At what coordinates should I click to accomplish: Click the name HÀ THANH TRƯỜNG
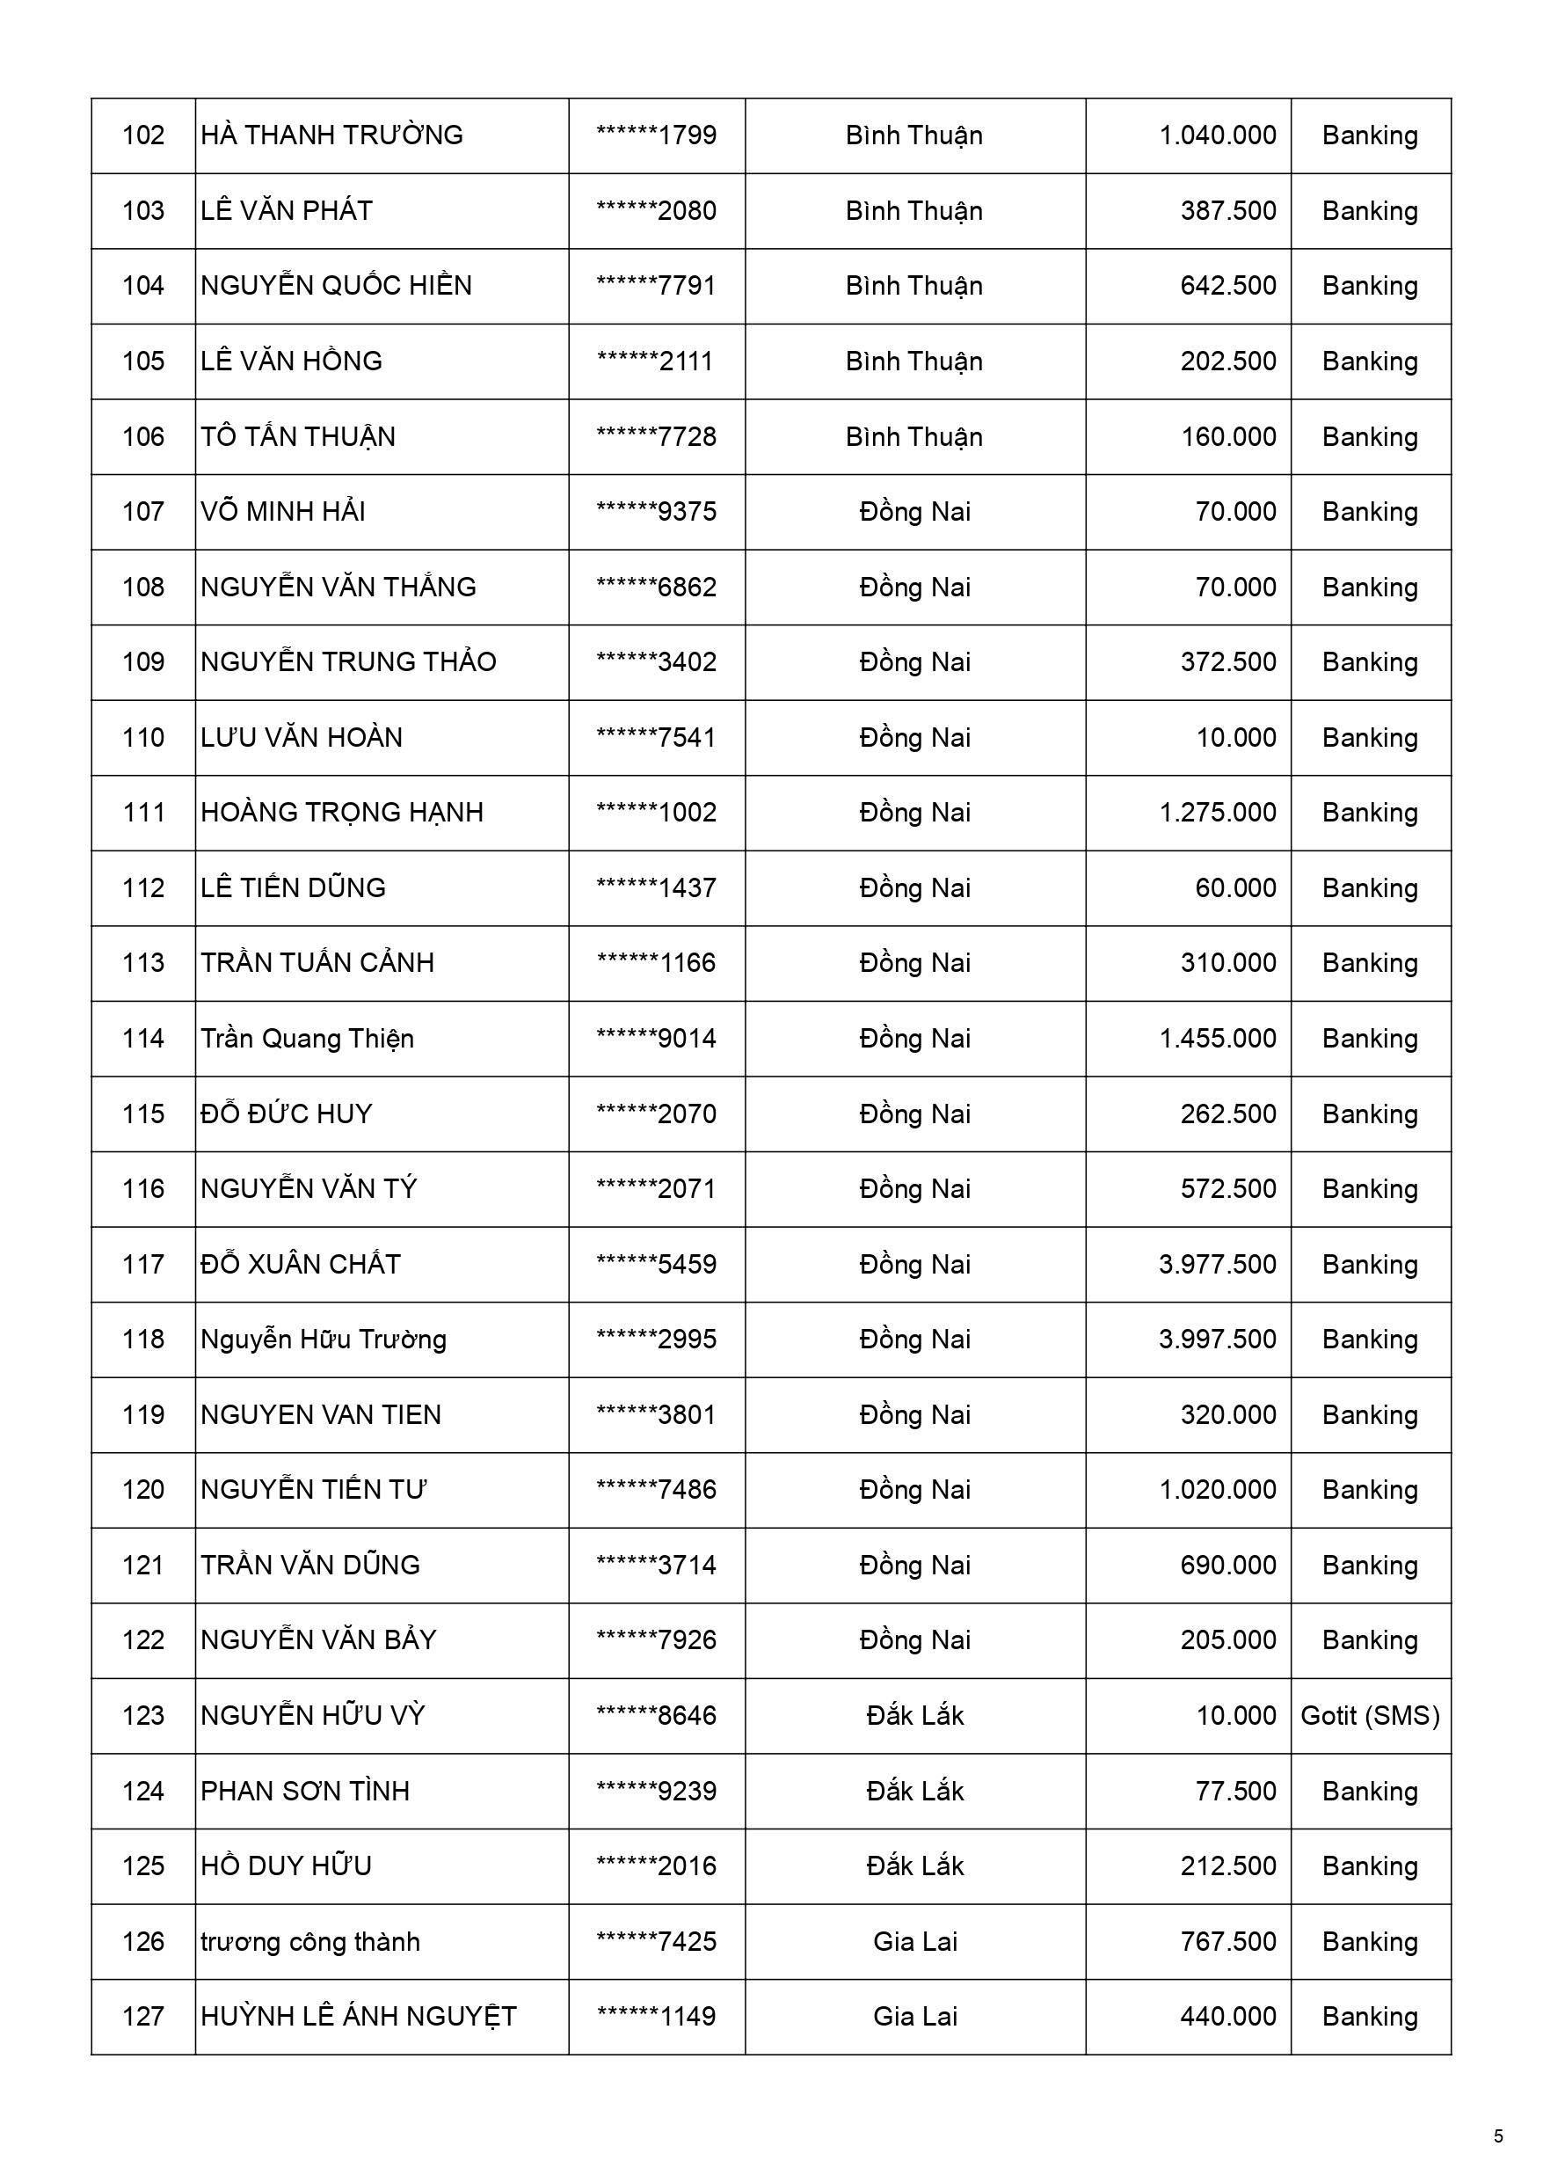[x=331, y=135]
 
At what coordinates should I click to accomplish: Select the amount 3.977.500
[x=1217, y=1264]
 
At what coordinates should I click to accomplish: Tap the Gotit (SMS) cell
[x=1370, y=1715]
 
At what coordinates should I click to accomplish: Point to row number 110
[x=142, y=737]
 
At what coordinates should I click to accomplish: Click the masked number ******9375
[x=656, y=512]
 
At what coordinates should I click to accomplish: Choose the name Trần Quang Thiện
[x=307, y=1038]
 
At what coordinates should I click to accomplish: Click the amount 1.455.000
[x=1217, y=1038]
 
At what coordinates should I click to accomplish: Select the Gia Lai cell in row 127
[x=914, y=2016]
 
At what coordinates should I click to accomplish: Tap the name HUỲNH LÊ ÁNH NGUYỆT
[x=359, y=2016]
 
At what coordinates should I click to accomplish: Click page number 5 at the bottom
[x=1498, y=2136]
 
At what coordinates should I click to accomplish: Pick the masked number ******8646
[x=656, y=1715]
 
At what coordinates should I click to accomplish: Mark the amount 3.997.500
[x=1217, y=1339]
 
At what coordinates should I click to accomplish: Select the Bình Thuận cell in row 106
[x=913, y=436]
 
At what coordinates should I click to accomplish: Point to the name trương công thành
[x=310, y=1941]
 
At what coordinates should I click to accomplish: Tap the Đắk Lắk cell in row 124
[x=914, y=1791]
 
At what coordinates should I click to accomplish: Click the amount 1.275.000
[x=1217, y=812]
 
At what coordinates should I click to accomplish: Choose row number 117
[x=142, y=1264]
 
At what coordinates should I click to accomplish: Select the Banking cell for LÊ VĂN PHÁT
[x=1370, y=210]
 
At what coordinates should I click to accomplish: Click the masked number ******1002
[x=656, y=812]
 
